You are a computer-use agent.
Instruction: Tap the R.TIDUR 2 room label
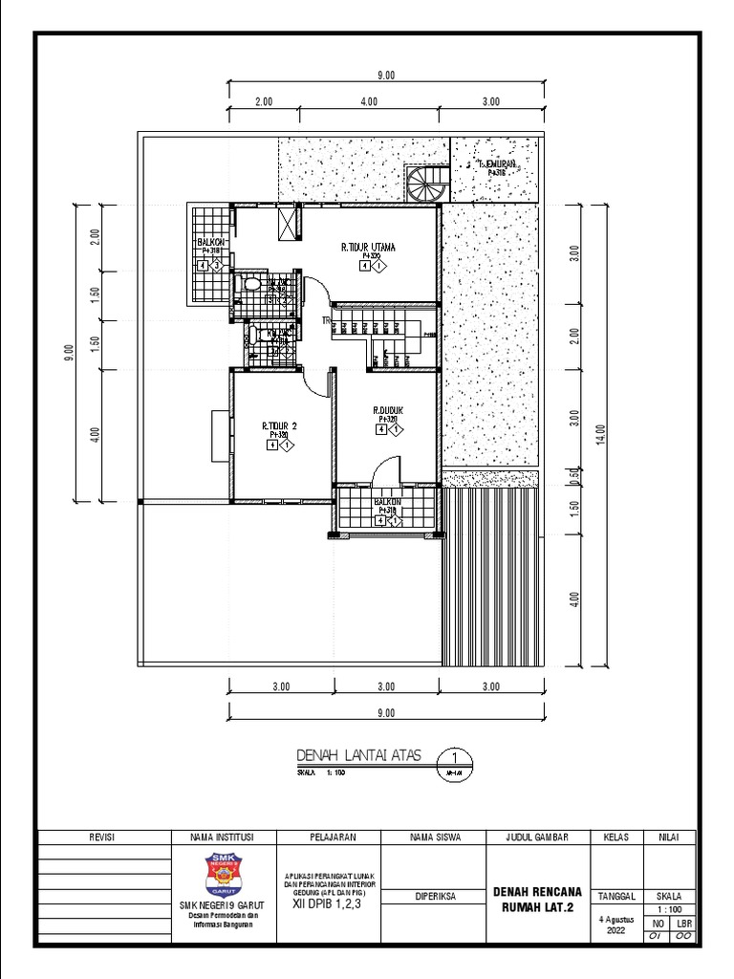pyautogui.click(x=279, y=425)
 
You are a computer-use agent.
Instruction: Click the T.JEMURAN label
pyautogui.click(x=497, y=165)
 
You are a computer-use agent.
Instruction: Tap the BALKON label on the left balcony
pyautogui.click(x=210, y=243)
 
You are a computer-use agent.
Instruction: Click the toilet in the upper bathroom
pyautogui.click(x=250, y=286)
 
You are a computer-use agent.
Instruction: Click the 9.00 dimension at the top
pyautogui.click(x=386, y=76)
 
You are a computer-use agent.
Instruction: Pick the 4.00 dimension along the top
pyautogui.click(x=368, y=100)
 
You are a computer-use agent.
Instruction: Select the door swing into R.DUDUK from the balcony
pyautogui.click(x=384, y=471)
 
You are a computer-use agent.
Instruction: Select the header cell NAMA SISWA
pyautogui.click(x=435, y=837)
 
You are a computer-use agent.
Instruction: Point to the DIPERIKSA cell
pyautogui.click(x=435, y=898)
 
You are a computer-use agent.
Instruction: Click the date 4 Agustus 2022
pyautogui.click(x=615, y=925)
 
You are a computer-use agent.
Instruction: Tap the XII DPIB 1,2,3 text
pyautogui.click(x=329, y=901)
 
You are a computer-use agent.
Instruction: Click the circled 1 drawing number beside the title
pyautogui.click(x=454, y=754)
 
